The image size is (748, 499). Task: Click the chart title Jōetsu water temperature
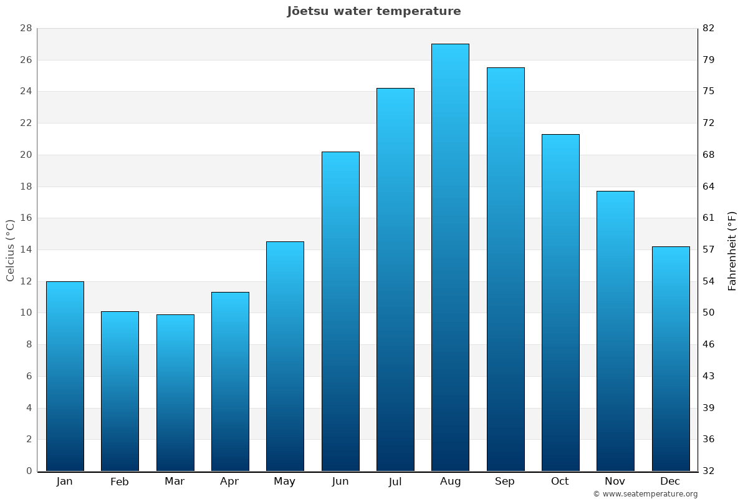pos(374,11)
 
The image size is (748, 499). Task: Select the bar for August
pos(450,257)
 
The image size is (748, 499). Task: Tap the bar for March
pos(175,392)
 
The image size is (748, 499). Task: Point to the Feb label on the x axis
pos(120,482)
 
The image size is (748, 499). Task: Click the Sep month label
pos(505,482)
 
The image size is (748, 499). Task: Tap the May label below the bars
pos(285,482)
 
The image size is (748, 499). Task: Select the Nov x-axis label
pos(615,482)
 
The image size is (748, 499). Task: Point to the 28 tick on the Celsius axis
pos(26,29)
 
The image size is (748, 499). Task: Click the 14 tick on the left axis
pos(26,249)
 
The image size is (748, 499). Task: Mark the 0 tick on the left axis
pos(29,471)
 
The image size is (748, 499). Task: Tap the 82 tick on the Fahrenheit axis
pos(709,29)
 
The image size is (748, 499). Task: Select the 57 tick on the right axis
pos(709,249)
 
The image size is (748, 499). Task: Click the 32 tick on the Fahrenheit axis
pos(709,471)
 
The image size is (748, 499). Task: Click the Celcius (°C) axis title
pos(10,250)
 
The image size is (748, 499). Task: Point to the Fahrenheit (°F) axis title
pos(732,250)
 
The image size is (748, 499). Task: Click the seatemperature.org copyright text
pos(645,494)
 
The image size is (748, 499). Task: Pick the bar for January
pos(65,376)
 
